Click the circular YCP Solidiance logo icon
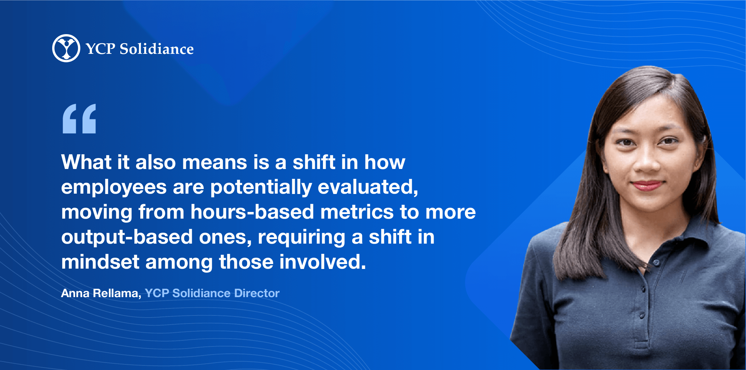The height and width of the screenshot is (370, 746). point(66,48)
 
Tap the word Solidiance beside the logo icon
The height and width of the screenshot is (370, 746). point(157,49)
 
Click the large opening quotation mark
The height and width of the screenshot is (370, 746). point(79,119)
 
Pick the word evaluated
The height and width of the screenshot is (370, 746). point(368,187)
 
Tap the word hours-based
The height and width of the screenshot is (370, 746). point(252,212)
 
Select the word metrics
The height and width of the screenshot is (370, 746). point(357,212)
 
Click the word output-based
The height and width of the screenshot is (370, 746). point(127,237)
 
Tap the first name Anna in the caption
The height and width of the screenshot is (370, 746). point(75,293)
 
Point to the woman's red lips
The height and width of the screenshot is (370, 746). point(647,185)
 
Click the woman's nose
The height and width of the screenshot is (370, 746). point(647,160)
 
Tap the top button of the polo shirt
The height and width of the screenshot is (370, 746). point(656,263)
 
